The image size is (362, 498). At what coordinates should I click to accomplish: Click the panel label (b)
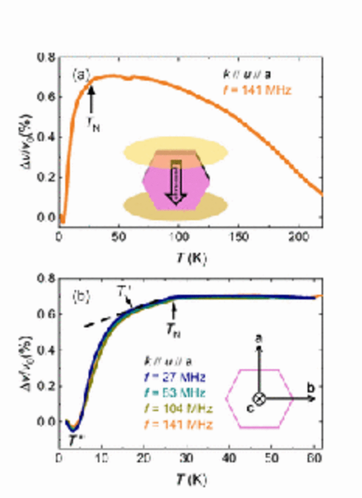click(80, 298)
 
